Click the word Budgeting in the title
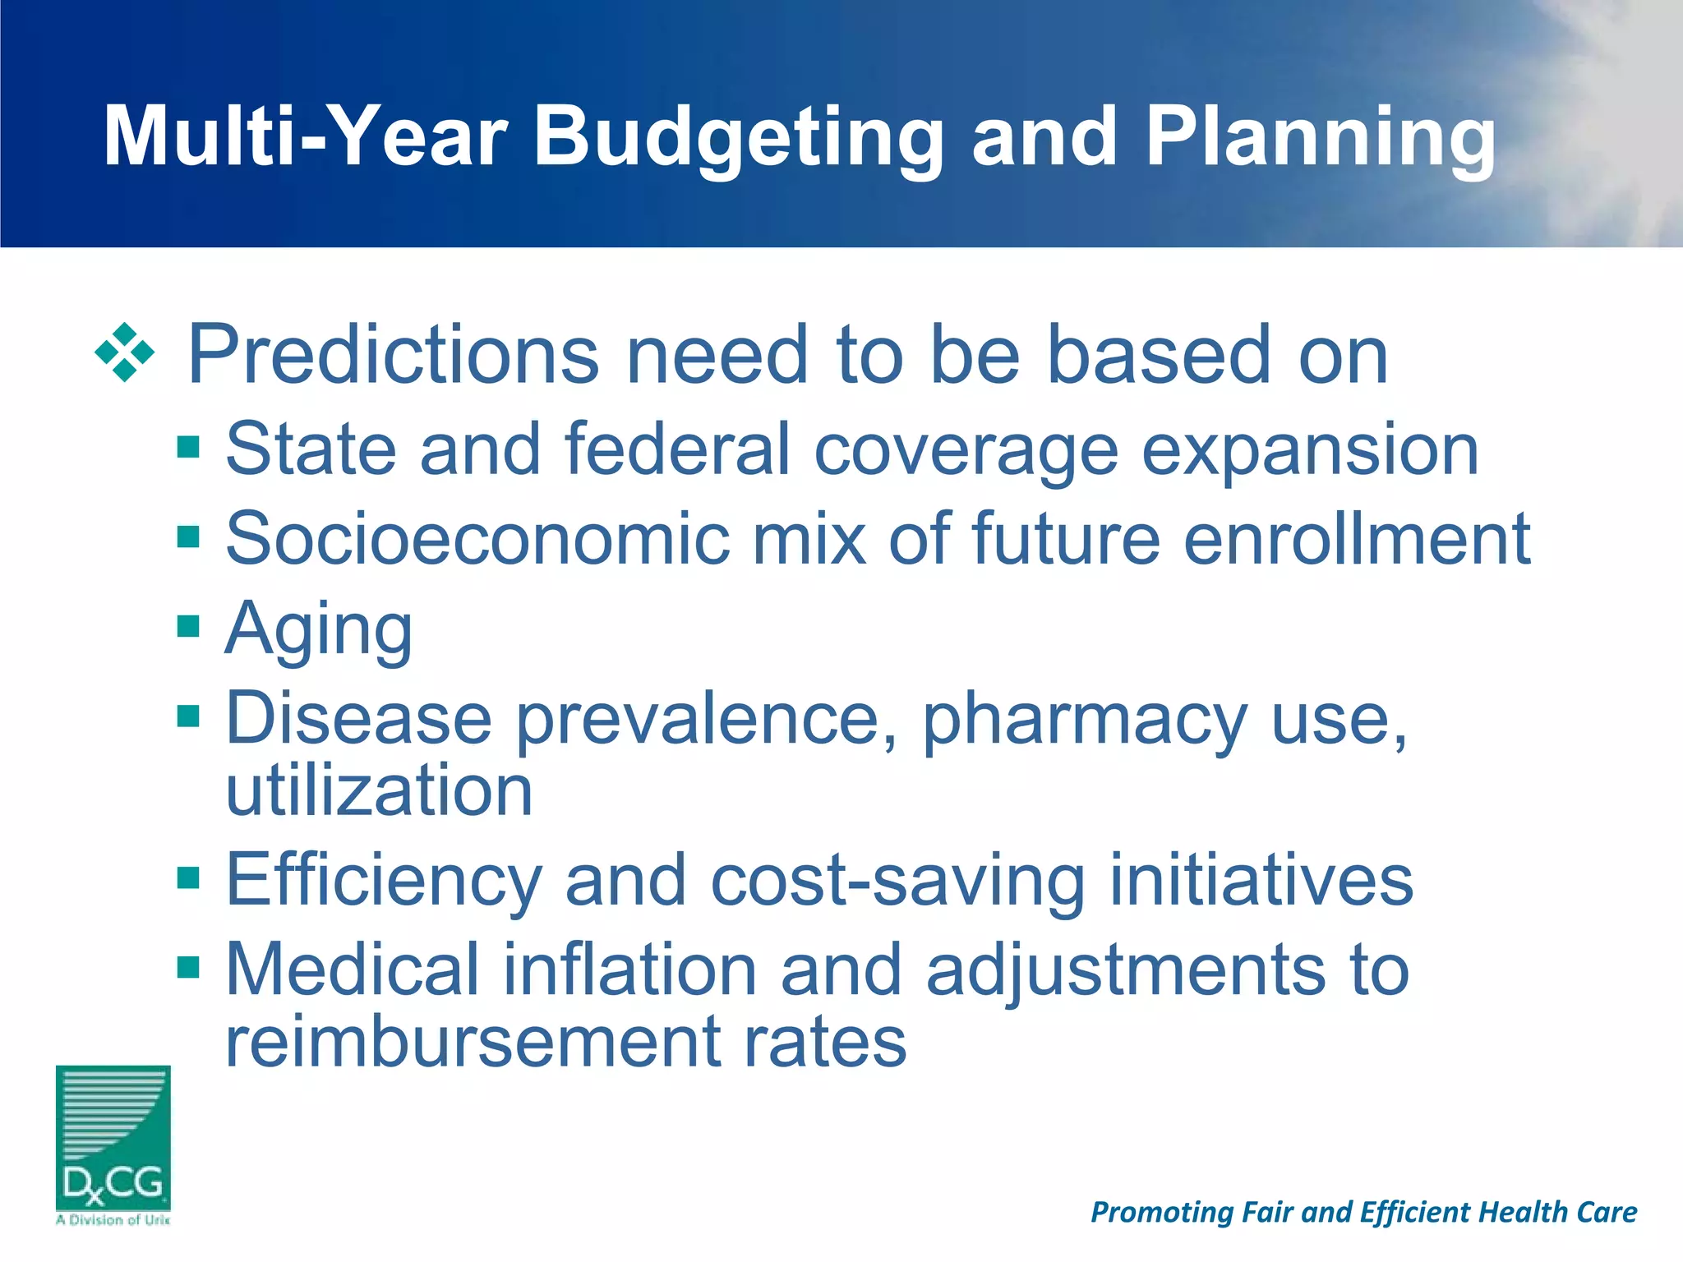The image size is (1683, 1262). (x=737, y=138)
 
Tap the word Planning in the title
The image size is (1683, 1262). (x=1321, y=138)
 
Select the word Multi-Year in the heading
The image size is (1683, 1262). (x=305, y=138)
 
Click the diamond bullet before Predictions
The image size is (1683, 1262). (x=125, y=353)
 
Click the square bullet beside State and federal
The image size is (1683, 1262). (x=188, y=448)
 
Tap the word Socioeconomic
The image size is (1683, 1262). (x=477, y=539)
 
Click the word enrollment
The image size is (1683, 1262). (x=1357, y=539)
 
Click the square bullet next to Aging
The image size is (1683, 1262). (x=188, y=627)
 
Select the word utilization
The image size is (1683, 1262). (x=379, y=790)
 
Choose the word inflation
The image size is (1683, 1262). (x=629, y=970)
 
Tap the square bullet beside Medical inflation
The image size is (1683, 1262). (x=188, y=967)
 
